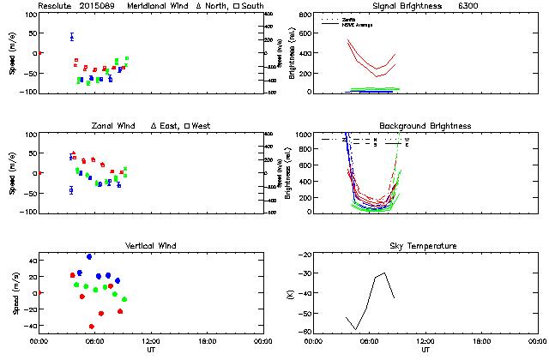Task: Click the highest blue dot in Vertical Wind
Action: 89,256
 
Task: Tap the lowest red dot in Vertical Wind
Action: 92,327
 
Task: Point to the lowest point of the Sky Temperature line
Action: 356,329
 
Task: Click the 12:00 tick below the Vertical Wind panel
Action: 151,341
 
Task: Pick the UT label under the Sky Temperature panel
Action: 425,350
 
